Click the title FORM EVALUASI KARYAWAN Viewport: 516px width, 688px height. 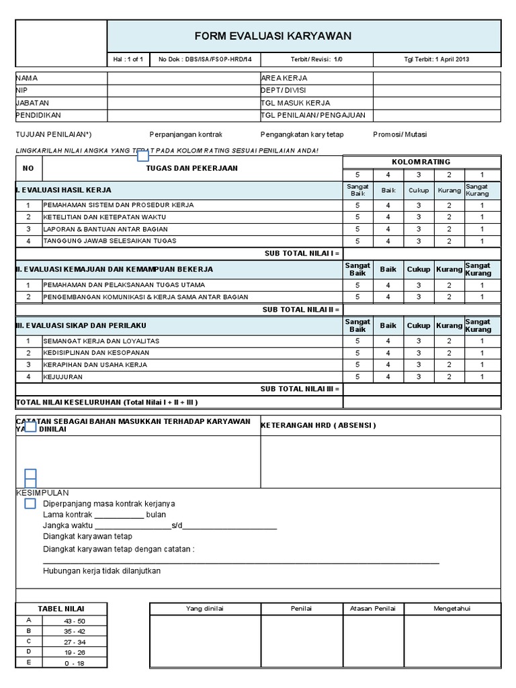(273, 36)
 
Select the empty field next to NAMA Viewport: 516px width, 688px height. (183, 78)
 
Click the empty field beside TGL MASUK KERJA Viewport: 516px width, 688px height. (437, 103)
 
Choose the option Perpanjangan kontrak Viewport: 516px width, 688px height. (186, 134)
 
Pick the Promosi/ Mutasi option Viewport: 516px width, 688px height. (400, 134)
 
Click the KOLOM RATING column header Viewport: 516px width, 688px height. (421, 162)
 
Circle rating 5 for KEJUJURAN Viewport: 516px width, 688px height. (357, 377)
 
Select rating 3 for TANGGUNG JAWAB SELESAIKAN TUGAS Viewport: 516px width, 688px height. (418, 241)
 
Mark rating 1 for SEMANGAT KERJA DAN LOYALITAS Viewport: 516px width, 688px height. (482, 341)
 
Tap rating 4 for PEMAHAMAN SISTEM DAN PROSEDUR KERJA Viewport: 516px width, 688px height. (388, 205)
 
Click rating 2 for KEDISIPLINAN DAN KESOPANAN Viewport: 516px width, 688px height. (449, 353)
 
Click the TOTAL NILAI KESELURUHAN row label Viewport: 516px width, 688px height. (107, 402)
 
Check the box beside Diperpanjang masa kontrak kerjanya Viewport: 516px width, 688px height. (30, 503)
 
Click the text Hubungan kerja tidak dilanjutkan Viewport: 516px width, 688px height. (101, 571)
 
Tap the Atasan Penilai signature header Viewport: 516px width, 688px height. (373, 609)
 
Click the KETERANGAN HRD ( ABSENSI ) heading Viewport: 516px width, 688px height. (318, 425)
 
